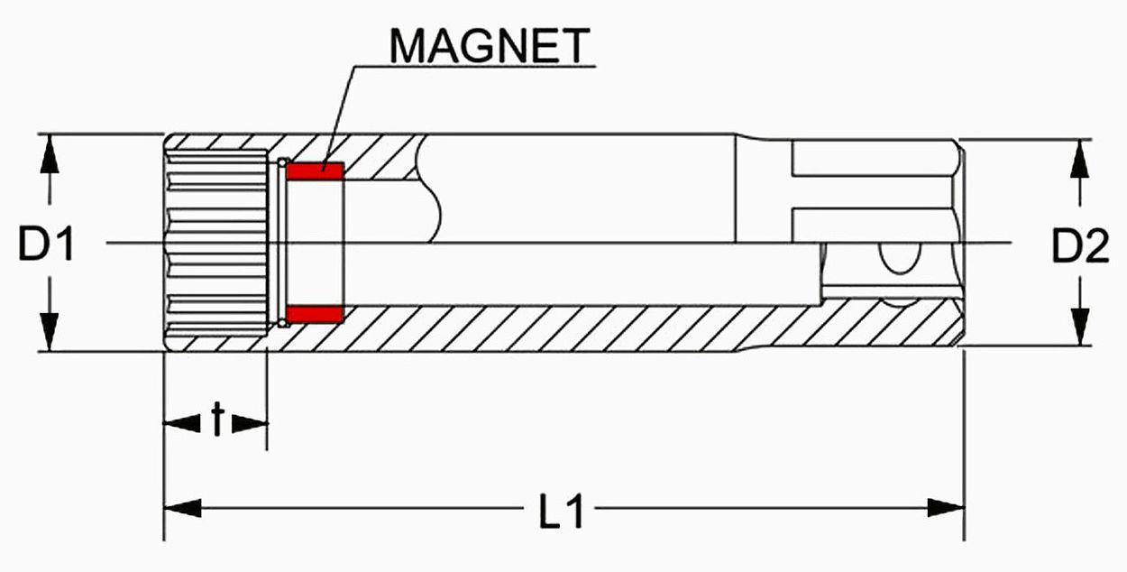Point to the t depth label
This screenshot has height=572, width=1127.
point(216,420)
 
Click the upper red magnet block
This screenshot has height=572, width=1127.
point(315,170)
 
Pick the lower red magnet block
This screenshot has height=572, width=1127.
point(315,314)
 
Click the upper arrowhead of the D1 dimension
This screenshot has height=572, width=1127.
point(50,155)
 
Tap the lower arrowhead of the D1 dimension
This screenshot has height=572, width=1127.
point(50,328)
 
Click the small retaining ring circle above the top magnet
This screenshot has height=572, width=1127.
point(282,163)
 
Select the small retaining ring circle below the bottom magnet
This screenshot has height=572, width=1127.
point(282,321)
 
